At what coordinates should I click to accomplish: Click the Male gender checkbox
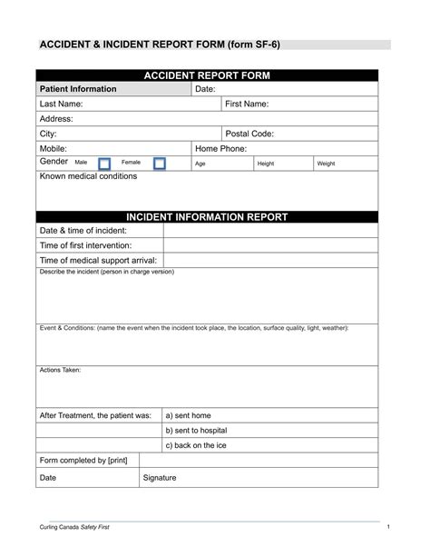(103, 164)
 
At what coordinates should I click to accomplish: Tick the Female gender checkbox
(160, 164)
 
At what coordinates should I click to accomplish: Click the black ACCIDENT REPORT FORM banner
(207, 75)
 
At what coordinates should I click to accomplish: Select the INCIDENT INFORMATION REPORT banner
(207, 217)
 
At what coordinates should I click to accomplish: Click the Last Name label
(62, 104)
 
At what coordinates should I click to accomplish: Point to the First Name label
(247, 104)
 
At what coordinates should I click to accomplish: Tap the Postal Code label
(249, 134)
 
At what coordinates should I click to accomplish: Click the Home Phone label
(222, 148)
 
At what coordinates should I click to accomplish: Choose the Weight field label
(327, 164)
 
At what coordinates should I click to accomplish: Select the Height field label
(266, 164)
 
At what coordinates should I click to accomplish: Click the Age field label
(200, 164)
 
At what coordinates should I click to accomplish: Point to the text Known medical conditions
(89, 176)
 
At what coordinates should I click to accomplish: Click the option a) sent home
(190, 414)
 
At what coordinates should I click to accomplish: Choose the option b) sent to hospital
(196, 430)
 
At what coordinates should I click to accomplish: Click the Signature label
(160, 477)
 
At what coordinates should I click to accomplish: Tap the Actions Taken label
(60, 370)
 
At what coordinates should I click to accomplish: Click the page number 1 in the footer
(387, 528)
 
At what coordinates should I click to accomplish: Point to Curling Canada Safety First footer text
(80, 528)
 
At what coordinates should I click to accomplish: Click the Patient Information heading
(78, 89)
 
